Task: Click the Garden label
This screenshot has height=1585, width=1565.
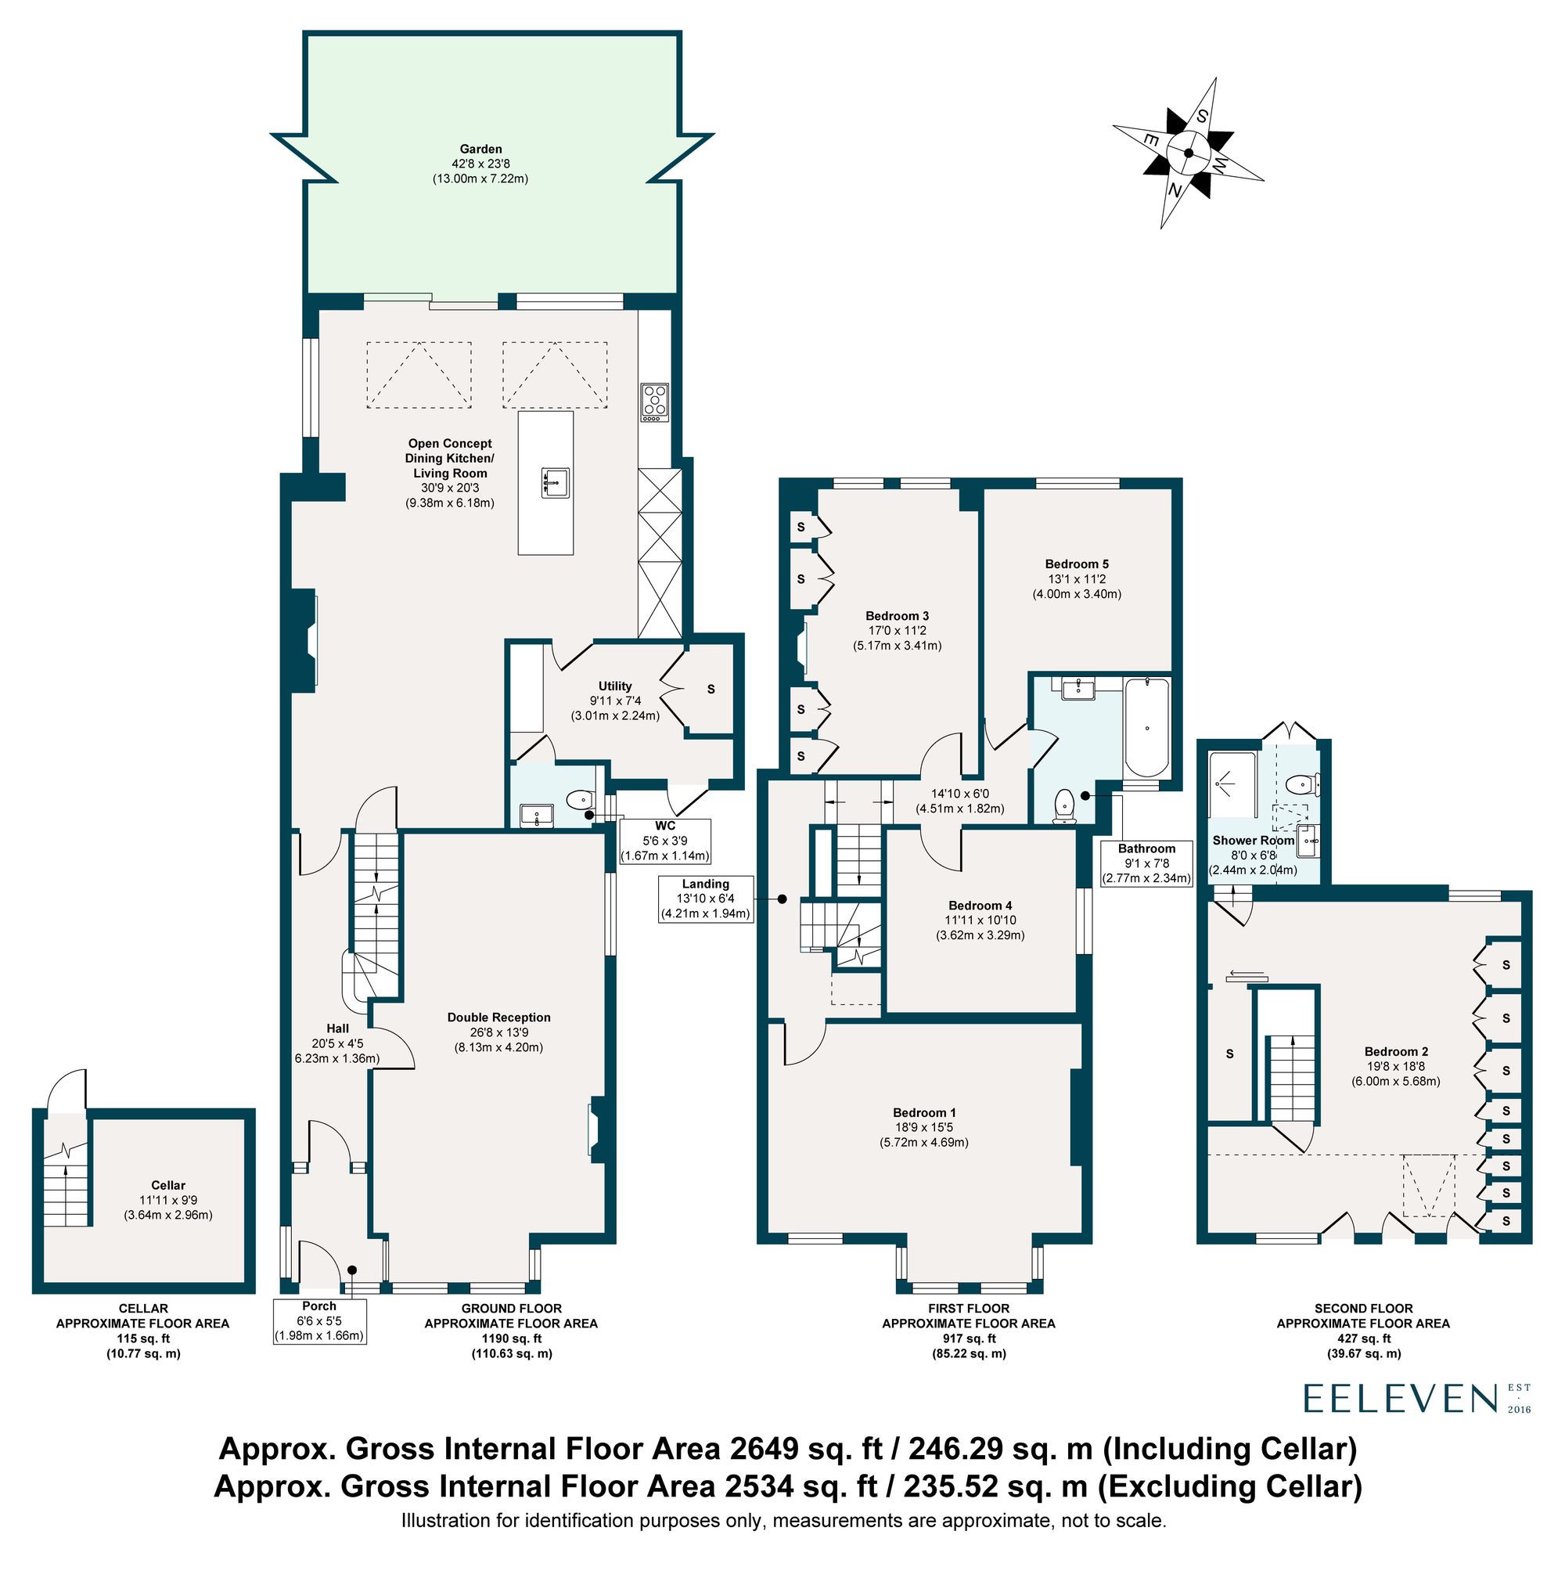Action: pos(480,149)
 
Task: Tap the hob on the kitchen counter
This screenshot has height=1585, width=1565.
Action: pos(653,402)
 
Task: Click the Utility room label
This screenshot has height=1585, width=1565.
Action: pos(614,686)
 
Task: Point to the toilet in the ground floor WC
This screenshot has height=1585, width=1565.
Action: pos(581,798)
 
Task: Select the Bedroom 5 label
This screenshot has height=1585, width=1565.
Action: pos(1076,564)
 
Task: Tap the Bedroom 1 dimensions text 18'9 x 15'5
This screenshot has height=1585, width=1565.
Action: pos(923,1127)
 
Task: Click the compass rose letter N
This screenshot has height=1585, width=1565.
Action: pos(1175,190)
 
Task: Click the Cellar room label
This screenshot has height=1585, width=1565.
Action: pos(168,1185)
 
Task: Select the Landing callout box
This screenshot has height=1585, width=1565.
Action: pos(705,899)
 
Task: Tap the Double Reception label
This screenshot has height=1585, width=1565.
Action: pos(498,1018)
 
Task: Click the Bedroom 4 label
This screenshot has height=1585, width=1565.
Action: pos(980,906)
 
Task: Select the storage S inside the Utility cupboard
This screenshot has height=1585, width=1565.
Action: pos(711,689)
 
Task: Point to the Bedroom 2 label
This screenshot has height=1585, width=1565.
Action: pos(1396,1051)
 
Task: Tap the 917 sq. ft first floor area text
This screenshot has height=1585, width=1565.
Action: pos(968,1338)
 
